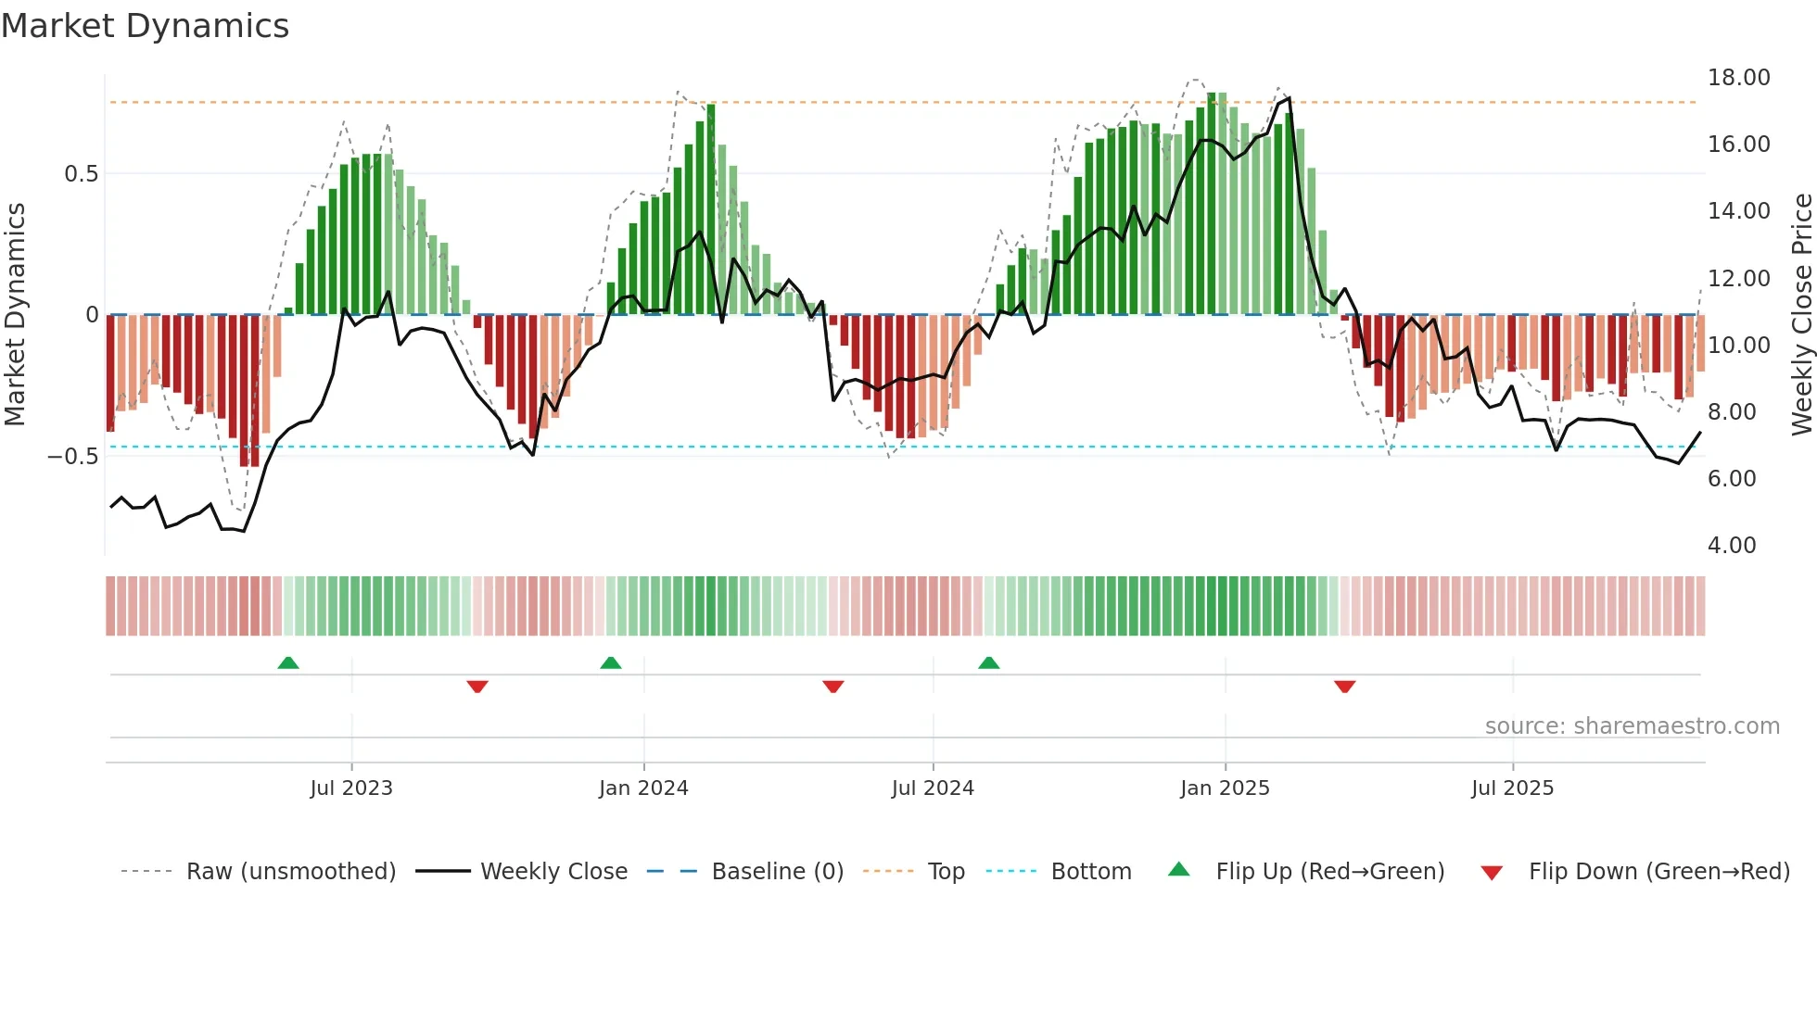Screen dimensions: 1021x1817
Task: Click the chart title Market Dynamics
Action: click(x=145, y=26)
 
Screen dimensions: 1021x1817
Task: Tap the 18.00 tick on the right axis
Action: click(x=1738, y=78)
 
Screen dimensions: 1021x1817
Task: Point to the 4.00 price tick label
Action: click(x=1731, y=546)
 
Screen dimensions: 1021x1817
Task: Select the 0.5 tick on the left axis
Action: click(x=81, y=174)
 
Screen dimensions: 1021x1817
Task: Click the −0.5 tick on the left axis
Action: click(x=72, y=457)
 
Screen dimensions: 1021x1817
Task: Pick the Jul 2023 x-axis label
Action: click(x=351, y=788)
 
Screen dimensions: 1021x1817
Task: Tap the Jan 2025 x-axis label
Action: click(x=1225, y=788)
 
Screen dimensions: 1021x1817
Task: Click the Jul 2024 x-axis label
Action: click(x=933, y=788)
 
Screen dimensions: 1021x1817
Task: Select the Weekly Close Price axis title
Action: click(x=1801, y=315)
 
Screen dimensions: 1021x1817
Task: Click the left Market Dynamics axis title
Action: click(x=15, y=315)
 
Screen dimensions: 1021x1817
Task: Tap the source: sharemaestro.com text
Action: click(x=1632, y=726)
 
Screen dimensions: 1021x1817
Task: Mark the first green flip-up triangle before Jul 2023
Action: click(x=288, y=663)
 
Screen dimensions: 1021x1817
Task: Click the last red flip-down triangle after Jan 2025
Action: click(x=1345, y=687)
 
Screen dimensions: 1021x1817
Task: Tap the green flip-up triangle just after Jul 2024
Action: click(x=989, y=663)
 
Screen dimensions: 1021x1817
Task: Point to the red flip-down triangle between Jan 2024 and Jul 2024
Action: click(x=833, y=687)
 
